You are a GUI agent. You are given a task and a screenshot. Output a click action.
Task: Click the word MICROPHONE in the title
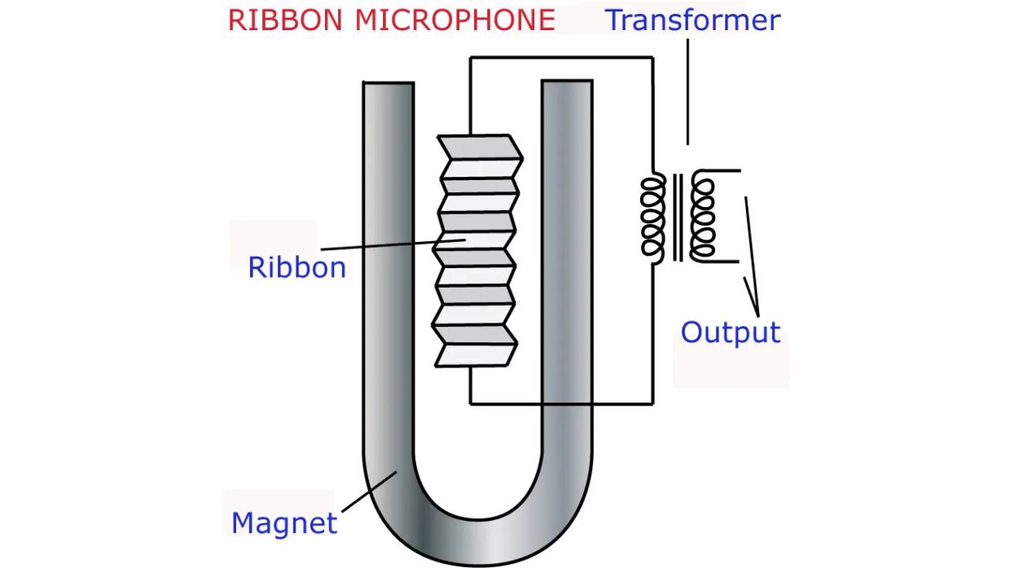click(455, 20)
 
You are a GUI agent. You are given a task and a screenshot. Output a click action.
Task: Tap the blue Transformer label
click(692, 20)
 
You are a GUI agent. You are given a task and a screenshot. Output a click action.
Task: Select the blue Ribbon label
click(296, 267)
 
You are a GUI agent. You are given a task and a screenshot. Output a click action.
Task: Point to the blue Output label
click(730, 332)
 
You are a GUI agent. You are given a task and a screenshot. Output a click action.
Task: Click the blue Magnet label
click(283, 522)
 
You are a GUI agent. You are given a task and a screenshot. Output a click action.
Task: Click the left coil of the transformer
click(653, 216)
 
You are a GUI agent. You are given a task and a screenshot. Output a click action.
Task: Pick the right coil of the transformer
click(702, 216)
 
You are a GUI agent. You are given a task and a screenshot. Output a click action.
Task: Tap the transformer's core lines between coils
click(678, 216)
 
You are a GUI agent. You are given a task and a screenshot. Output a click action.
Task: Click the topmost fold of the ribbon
click(479, 146)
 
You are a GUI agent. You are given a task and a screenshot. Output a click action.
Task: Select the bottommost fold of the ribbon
click(477, 354)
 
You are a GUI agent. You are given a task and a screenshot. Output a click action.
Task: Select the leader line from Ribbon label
click(383, 244)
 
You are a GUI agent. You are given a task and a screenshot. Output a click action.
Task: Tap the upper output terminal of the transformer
click(725, 171)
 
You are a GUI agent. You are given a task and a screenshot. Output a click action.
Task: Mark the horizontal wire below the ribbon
click(562, 403)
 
